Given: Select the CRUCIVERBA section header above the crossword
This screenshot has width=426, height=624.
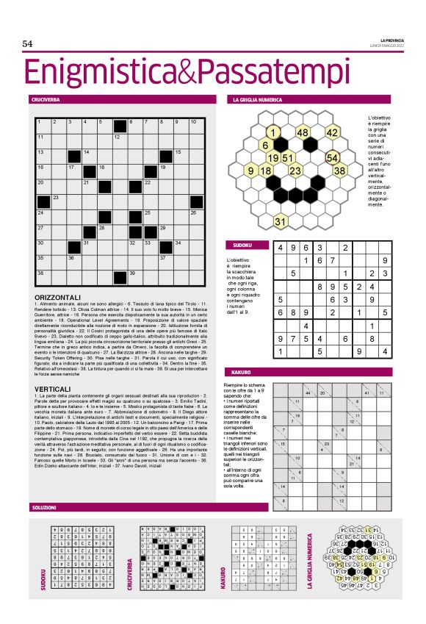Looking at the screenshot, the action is coord(45,98).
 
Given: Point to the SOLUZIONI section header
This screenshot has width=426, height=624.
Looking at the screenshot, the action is coord(44,508).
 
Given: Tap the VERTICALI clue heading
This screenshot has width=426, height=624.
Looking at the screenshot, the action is coord(51,387).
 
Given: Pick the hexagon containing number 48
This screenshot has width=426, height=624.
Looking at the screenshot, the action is coord(303,133).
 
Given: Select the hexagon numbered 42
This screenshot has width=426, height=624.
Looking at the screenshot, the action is coord(332,133).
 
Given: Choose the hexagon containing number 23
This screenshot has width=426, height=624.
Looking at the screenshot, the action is coord(295,171).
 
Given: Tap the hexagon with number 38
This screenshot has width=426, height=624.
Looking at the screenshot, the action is coord(339,171).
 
